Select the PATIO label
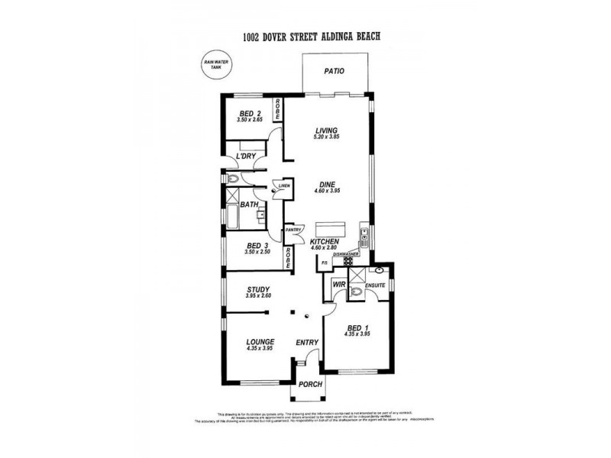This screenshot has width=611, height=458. (334, 71)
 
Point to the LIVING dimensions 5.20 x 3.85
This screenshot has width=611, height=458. (326, 139)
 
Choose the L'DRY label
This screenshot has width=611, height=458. (246, 156)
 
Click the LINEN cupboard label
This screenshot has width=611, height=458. (283, 185)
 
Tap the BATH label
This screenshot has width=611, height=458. (249, 205)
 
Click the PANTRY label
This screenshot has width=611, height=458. (294, 230)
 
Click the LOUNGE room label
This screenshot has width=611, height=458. (260, 341)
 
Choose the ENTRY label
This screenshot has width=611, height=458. (308, 342)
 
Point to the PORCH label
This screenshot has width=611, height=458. (310, 384)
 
